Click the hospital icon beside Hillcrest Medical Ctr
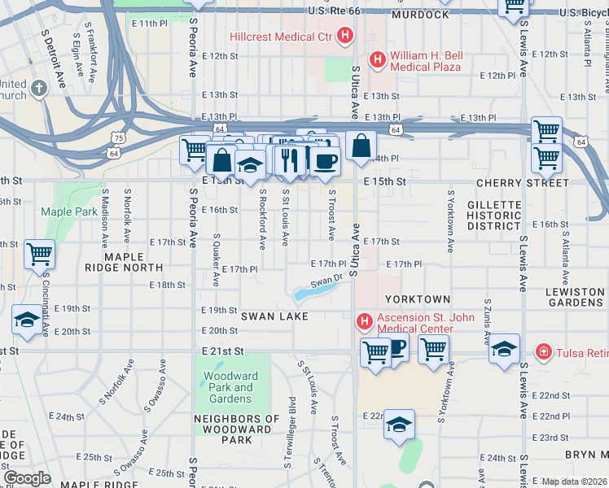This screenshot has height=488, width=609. (346, 37)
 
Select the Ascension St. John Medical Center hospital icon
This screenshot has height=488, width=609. (364, 322)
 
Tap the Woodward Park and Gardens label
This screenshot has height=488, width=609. (230, 387)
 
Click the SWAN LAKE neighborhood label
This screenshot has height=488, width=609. (274, 316)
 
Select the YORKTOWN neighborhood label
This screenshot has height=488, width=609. (418, 299)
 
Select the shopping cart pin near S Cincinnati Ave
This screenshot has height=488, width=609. (39, 254)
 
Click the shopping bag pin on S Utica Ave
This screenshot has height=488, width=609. (361, 146)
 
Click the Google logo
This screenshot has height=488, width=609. (28, 478)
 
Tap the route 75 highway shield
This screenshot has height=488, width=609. (120, 140)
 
